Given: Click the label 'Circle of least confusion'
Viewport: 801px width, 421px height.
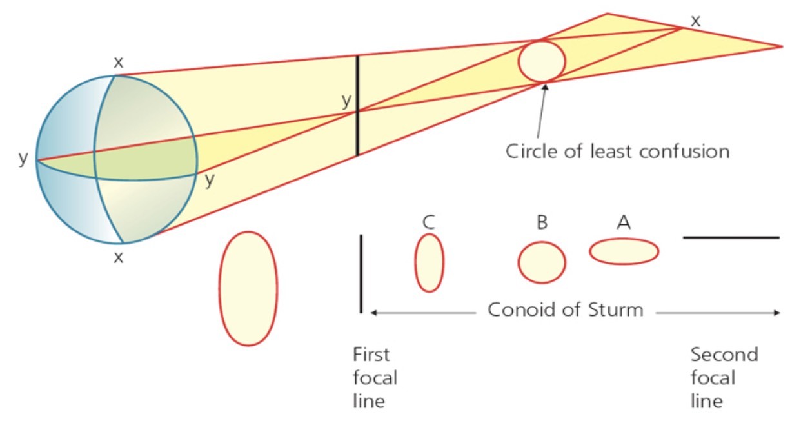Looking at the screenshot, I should [x=617, y=152].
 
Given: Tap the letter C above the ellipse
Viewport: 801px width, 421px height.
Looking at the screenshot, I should [x=429, y=223].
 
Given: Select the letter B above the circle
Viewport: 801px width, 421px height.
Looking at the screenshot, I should [x=542, y=223].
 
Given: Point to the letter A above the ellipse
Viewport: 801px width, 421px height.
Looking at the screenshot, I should [x=623, y=223].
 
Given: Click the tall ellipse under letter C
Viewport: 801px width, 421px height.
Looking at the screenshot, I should [x=429, y=262].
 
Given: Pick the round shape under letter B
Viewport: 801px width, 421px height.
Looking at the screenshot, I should [x=542, y=262].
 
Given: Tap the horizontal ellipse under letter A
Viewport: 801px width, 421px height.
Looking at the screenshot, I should [x=624, y=251].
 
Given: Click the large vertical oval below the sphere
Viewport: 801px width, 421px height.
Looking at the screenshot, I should [x=248, y=288].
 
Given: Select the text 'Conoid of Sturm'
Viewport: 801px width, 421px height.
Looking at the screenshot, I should [x=565, y=309].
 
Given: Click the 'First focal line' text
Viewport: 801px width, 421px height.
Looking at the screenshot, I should [x=375, y=378].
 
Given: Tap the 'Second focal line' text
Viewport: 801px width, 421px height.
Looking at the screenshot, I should [x=724, y=378].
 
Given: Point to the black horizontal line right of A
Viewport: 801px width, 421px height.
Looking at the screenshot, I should [x=731, y=237].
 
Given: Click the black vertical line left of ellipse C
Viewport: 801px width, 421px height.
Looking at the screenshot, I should [x=361, y=273].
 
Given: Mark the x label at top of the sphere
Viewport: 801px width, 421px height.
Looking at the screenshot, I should [x=118, y=63].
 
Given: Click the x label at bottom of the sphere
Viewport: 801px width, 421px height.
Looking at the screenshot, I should [x=118, y=257].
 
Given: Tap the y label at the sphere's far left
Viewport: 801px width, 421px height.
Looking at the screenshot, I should [x=23, y=159].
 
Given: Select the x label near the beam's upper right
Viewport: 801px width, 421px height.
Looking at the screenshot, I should [x=695, y=20].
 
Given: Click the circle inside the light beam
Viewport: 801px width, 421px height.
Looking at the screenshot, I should [x=542, y=61].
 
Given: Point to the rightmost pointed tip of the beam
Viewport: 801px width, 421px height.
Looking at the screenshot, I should [x=780, y=46].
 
